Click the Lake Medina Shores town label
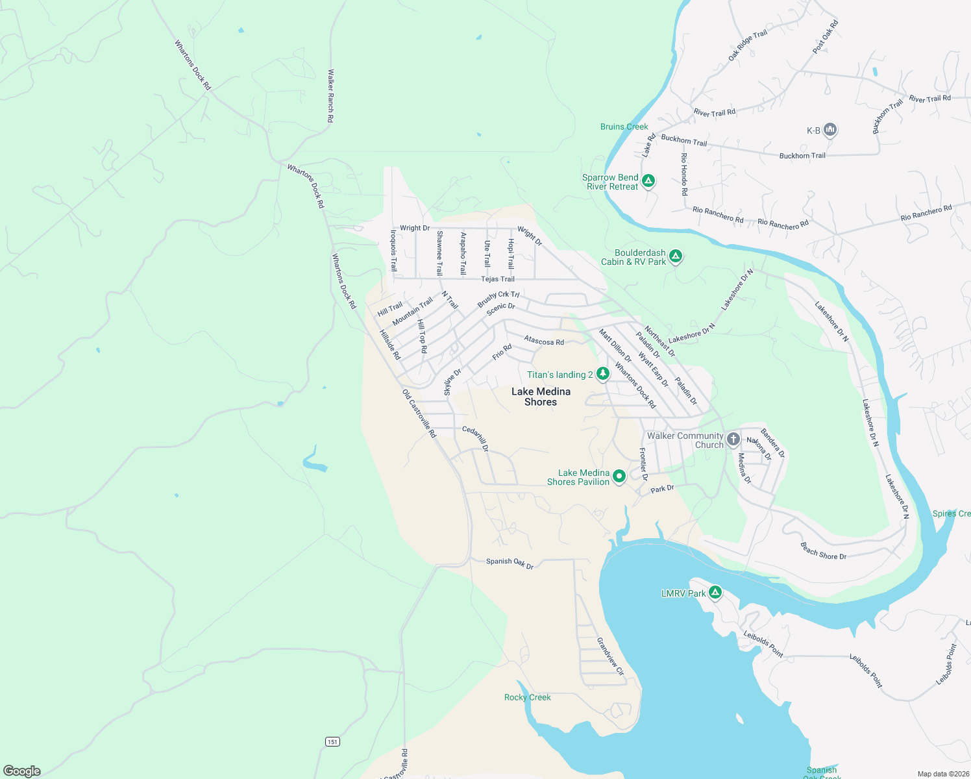(x=541, y=397)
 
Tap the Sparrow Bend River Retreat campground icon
(x=648, y=180)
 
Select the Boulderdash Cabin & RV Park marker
(x=675, y=256)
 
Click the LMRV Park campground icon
(x=715, y=592)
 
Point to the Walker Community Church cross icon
(x=733, y=439)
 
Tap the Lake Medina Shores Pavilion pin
(x=619, y=476)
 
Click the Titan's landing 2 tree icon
(x=603, y=374)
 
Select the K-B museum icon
(x=830, y=130)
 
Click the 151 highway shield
(x=332, y=741)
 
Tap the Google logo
(x=22, y=771)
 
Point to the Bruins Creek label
(x=624, y=127)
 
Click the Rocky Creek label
(x=527, y=697)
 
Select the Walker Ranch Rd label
(x=330, y=96)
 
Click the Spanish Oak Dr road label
(x=510, y=563)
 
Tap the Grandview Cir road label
(x=610, y=656)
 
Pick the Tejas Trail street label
(x=497, y=279)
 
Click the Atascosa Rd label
(x=544, y=341)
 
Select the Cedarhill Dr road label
(x=475, y=438)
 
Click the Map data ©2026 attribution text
(x=942, y=774)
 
